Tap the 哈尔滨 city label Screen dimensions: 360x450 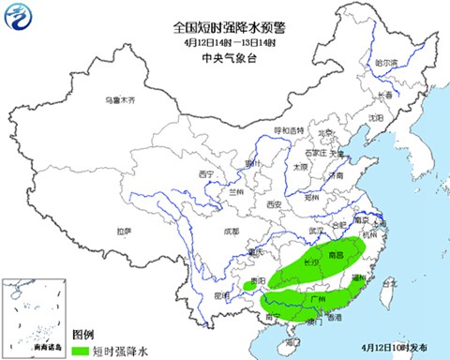386,62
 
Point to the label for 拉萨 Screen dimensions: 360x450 124,230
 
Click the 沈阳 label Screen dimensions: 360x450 376,118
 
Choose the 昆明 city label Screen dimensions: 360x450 223,295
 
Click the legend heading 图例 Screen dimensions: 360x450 83,335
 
